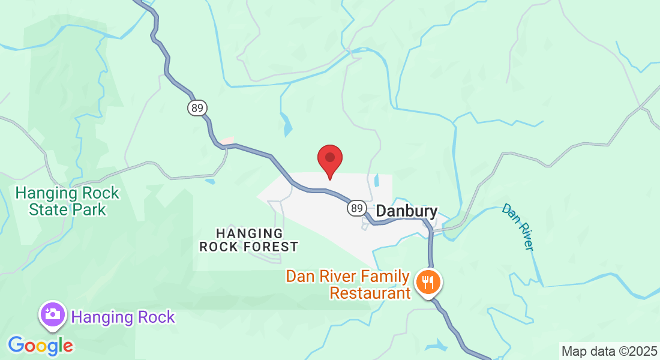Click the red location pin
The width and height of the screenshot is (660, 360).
(329, 159)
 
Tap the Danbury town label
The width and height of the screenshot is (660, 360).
(406, 212)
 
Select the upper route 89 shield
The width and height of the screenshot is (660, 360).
(197, 108)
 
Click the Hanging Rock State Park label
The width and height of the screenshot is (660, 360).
(67, 202)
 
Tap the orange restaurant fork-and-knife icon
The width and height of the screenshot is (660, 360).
(428, 281)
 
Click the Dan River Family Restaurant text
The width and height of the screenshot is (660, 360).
(348, 285)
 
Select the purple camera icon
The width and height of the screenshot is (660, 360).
(53, 314)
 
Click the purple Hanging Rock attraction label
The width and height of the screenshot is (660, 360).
(123, 317)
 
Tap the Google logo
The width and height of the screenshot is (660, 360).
(40, 346)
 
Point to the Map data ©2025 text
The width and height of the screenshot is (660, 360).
(608, 351)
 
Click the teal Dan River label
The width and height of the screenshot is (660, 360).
(518, 227)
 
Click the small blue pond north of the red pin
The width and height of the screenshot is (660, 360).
(287, 125)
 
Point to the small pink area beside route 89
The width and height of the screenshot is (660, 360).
(226, 141)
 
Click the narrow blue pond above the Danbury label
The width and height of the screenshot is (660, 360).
(376, 179)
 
